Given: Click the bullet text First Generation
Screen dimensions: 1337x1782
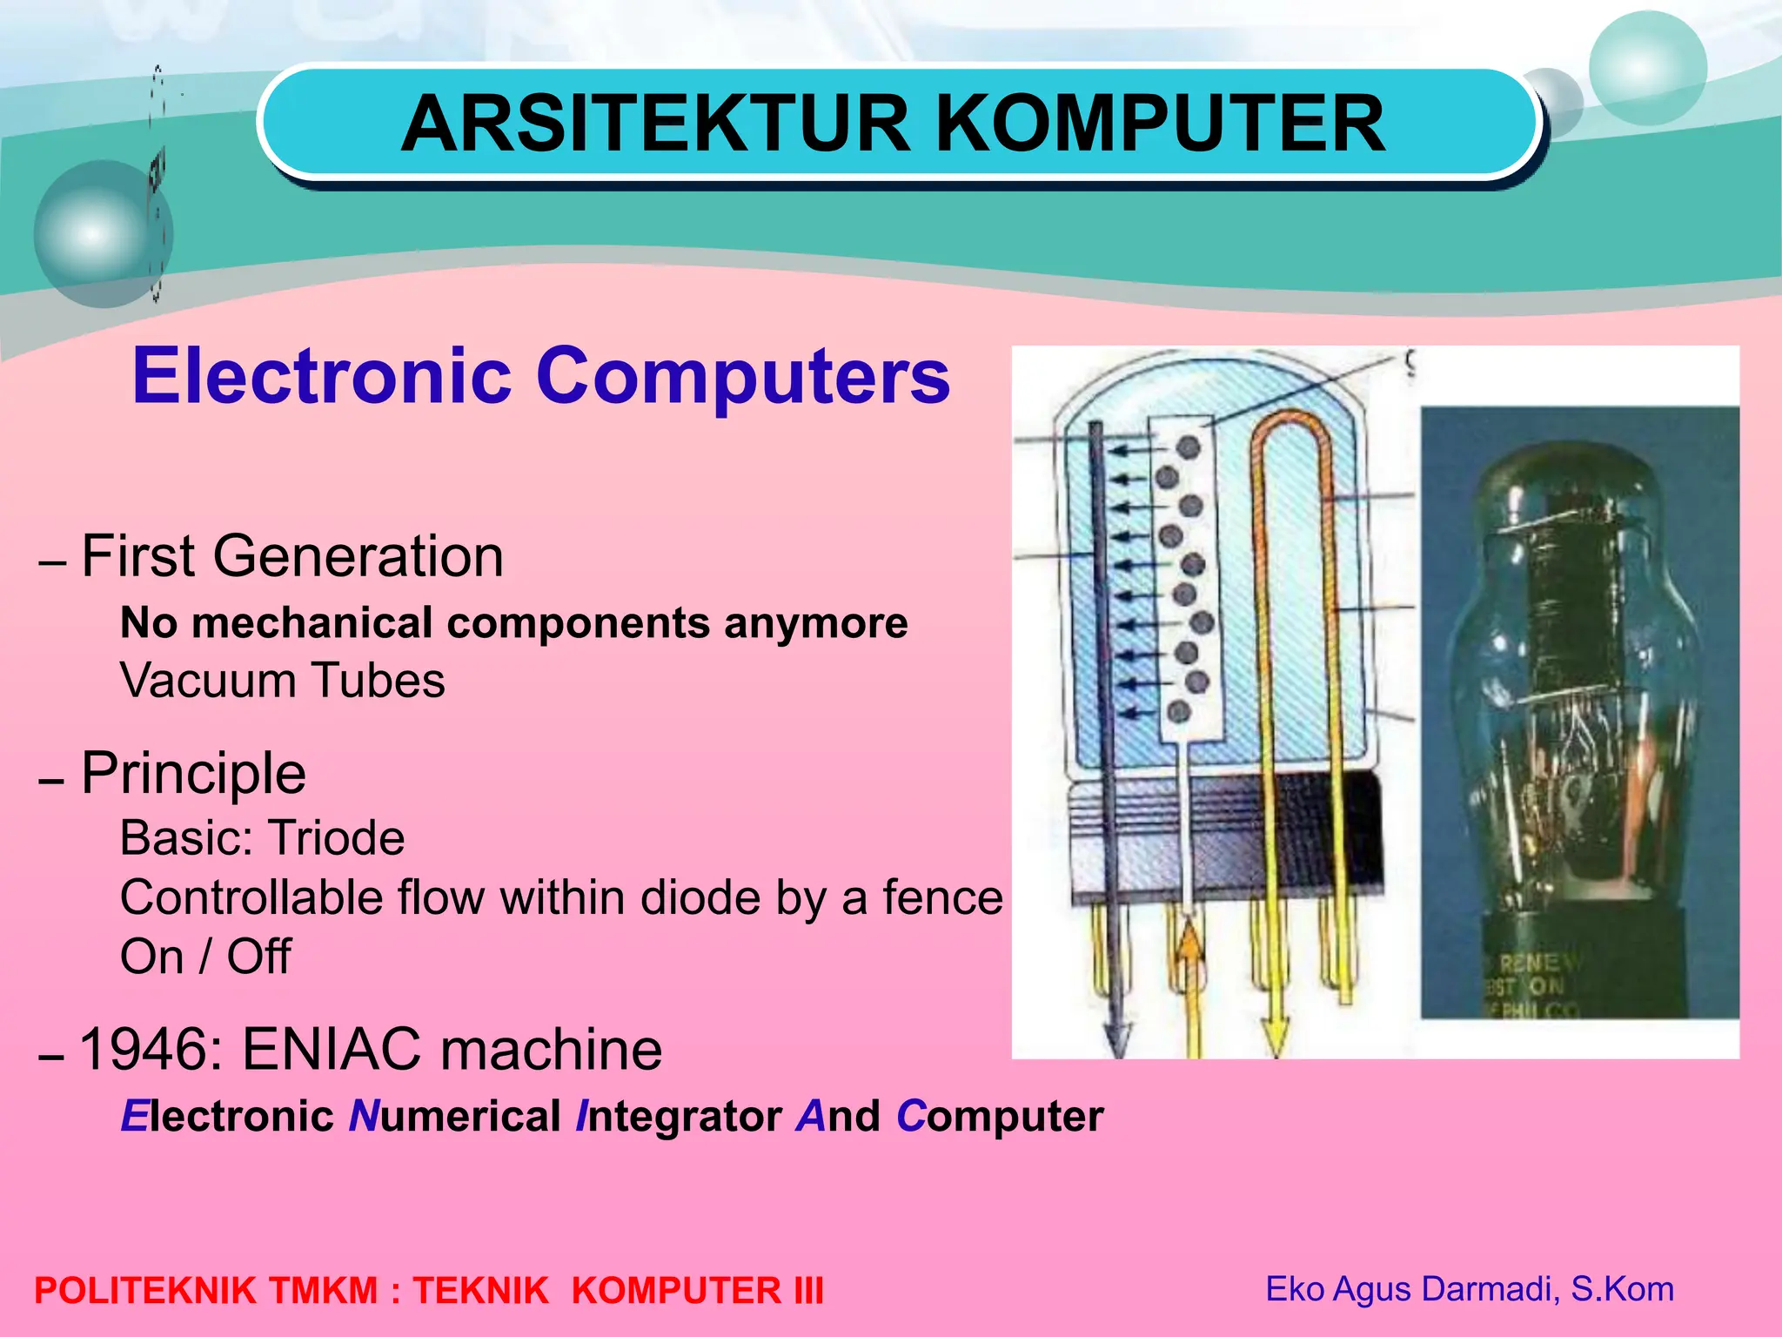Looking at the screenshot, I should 292,556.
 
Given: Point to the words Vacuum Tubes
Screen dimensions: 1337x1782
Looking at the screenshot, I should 283,681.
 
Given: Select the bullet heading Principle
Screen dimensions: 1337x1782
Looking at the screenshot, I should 193,773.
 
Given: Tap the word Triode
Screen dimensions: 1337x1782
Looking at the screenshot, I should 336,838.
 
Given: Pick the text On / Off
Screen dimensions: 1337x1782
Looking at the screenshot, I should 205,957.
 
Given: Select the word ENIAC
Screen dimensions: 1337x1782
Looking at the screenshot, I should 333,1049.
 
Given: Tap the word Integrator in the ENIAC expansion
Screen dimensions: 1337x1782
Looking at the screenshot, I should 679,1117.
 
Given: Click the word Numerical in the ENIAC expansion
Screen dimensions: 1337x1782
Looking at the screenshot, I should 454,1117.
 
